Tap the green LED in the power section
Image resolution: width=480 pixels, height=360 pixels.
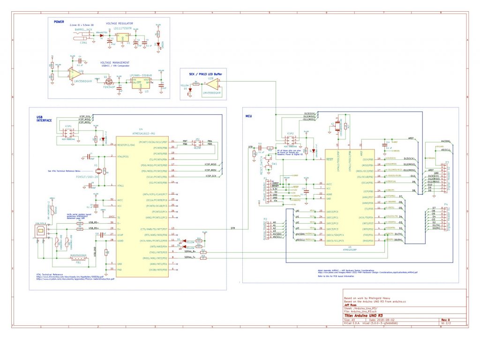tap(159, 44)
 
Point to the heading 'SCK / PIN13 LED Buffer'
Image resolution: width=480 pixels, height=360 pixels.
tap(205, 75)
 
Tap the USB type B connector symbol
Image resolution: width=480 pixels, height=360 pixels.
tap(42, 232)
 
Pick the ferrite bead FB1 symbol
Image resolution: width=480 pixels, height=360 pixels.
tap(78, 258)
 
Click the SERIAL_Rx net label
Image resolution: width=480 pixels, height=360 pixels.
tap(190, 252)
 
